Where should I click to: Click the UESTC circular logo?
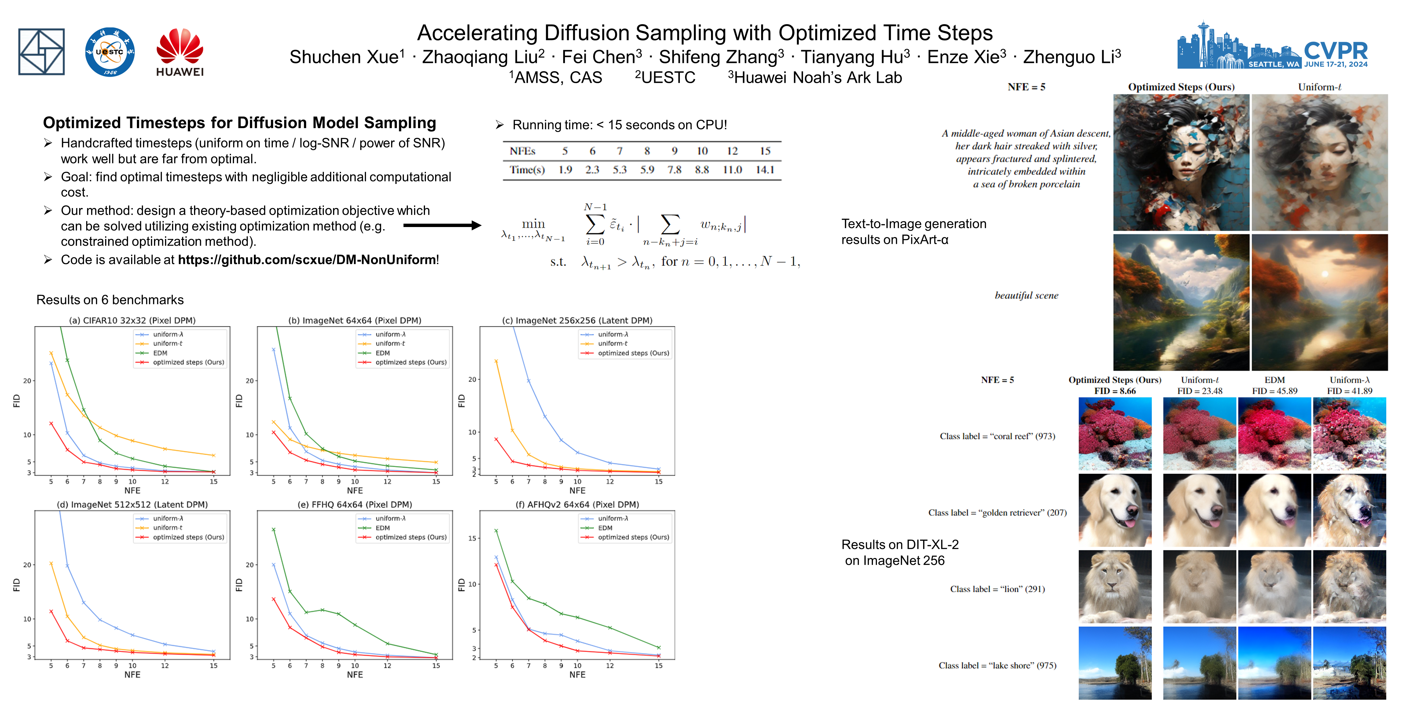110,52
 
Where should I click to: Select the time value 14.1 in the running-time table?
765,170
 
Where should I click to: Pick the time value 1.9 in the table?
565,170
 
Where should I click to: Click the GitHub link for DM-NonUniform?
307,260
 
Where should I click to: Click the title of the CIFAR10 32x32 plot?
132,320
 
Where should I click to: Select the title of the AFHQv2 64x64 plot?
577,504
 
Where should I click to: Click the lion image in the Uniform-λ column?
1349,586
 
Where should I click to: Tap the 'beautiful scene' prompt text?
1026,296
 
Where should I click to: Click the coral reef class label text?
997,436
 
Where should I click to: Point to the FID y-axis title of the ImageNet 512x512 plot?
16,585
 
